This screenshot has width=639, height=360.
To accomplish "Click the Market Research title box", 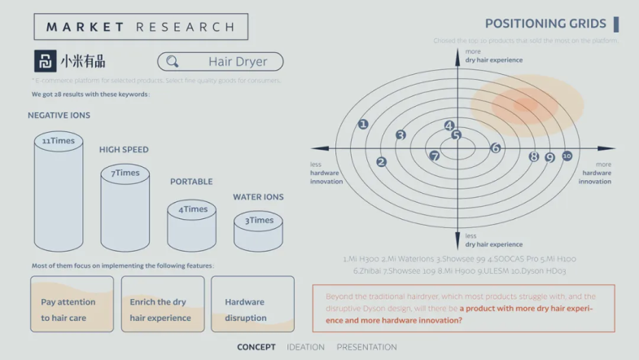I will coord(141,27).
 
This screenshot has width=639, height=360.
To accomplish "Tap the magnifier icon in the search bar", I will coord(173,62).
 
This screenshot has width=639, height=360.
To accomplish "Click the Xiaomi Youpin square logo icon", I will coord(46,61).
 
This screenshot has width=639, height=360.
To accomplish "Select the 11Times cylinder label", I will coord(58,141).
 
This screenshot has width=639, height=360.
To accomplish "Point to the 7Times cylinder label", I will coord(125,173).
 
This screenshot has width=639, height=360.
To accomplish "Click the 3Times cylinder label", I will coord(258,221).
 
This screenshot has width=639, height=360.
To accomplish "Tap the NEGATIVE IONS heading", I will coord(59,116).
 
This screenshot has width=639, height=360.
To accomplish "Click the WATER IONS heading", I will coord(258,197).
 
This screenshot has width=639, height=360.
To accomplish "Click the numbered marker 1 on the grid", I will coord(363,125).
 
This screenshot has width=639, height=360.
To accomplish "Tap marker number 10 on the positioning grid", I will coord(567,156).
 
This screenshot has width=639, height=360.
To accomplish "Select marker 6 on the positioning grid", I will coord(496,148).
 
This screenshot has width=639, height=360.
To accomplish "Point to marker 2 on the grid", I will coord(381,162).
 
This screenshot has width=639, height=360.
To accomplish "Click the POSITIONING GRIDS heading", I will coord(545,24).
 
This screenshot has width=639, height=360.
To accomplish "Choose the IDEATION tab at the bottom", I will coord(305,347).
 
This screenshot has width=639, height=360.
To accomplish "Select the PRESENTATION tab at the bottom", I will coord(366,347).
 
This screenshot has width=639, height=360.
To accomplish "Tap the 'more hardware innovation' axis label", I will coord(596,173).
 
